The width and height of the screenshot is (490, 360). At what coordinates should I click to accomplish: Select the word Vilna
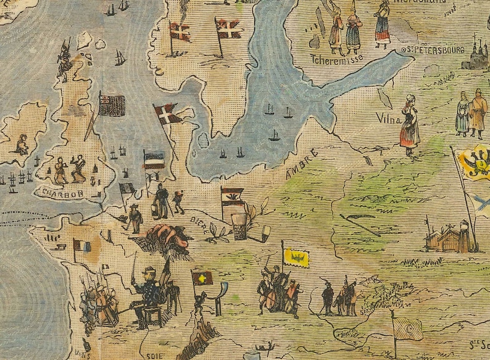(388, 117)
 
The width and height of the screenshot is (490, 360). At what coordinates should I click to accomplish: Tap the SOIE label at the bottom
(150, 355)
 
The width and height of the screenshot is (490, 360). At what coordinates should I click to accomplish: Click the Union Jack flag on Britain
(112, 106)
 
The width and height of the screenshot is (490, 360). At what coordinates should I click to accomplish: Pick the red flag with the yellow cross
(202, 278)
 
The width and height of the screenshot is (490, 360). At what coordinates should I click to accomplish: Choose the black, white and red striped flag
(154, 161)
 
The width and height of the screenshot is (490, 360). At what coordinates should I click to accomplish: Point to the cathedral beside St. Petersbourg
(475, 56)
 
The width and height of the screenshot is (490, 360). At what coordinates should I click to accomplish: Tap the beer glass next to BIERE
(239, 228)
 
